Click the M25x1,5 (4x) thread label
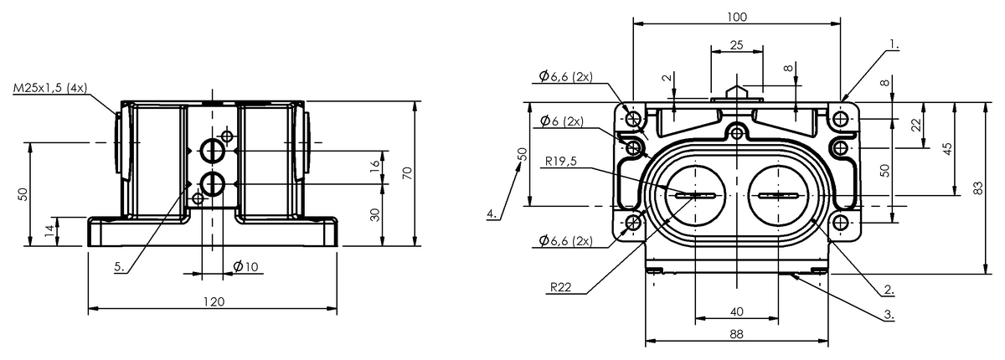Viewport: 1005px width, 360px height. click(x=49, y=88)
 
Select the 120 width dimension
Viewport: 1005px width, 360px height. click(x=213, y=301)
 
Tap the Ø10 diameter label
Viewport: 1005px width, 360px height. click(x=246, y=267)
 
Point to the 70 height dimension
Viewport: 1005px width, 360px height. click(x=407, y=173)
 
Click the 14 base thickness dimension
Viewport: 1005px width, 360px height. click(x=49, y=230)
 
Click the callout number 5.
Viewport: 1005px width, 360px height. click(x=119, y=267)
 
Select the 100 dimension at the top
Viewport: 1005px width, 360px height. click(x=737, y=17)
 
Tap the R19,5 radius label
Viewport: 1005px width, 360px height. click(x=561, y=161)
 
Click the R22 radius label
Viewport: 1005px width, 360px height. click(x=561, y=287)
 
